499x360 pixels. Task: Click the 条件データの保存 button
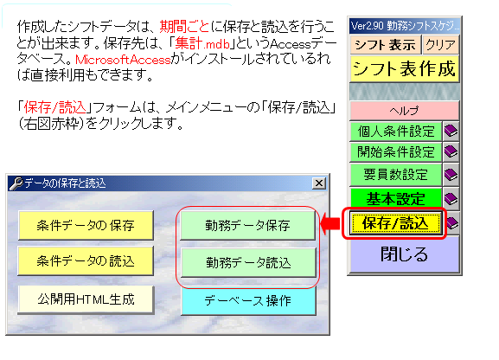pyautogui.click(x=86, y=225)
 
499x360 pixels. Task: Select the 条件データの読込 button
pyautogui.click(x=86, y=261)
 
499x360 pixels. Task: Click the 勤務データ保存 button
pyautogui.click(x=248, y=225)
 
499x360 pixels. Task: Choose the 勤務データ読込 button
pyautogui.click(x=248, y=263)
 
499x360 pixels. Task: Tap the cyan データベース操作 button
pyautogui.click(x=248, y=300)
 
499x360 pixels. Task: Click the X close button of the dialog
pyautogui.click(x=319, y=183)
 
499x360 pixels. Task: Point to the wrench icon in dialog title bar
pyautogui.click(x=16, y=183)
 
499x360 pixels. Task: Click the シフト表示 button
pyautogui.click(x=385, y=45)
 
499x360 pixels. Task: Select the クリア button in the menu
pyautogui.click(x=441, y=45)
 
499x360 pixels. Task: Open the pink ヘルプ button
pyautogui.click(x=405, y=111)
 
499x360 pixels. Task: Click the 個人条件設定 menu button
pyautogui.click(x=396, y=131)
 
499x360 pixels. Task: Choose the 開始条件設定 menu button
pyautogui.click(x=396, y=151)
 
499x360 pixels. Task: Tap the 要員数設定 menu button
pyautogui.click(x=396, y=175)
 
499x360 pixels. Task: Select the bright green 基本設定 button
pyautogui.click(x=396, y=199)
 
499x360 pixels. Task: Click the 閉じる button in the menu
pyautogui.click(x=405, y=254)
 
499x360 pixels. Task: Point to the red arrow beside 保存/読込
pyautogui.click(x=330, y=223)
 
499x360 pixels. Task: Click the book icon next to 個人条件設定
pyautogui.click(x=451, y=131)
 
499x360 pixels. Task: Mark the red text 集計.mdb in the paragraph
pyautogui.click(x=202, y=43)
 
